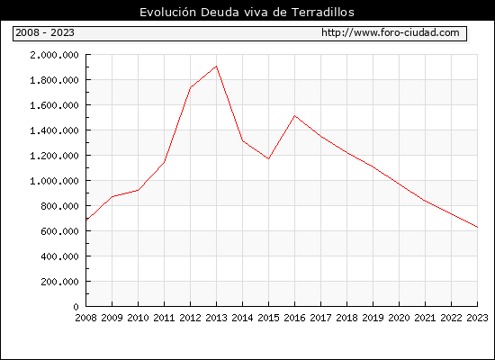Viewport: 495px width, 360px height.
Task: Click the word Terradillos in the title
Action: tap(322, 13)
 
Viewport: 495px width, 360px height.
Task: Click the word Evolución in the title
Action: tap(167, 13)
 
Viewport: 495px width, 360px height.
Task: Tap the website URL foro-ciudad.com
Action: tap(391, 32)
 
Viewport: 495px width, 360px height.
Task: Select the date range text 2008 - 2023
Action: tap(45, 32)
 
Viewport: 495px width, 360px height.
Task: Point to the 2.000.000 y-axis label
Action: tap(54, 55)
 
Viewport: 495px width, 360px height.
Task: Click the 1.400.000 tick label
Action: tap(54, 130)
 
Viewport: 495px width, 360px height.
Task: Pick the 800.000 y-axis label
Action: tap(59, 206)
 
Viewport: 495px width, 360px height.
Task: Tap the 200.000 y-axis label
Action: tap(59, 282)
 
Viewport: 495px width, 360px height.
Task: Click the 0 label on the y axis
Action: tap(76, 307)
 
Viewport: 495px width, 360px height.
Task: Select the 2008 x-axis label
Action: tap(85, 318)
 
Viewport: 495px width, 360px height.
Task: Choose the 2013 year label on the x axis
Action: tap(216, 318)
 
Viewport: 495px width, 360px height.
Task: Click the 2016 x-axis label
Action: tap(294, 318)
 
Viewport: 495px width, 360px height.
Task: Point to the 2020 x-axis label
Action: tap(399, 318)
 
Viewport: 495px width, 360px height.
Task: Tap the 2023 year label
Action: tap(477, 318)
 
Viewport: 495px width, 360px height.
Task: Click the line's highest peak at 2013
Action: tap(216, 66)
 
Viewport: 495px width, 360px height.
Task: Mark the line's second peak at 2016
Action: tap(294, 115)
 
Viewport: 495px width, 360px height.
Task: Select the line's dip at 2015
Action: tap(269, 158)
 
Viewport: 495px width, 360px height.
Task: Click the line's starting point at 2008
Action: tap(86, 220)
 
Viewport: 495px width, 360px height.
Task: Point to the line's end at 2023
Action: tap(477, 227)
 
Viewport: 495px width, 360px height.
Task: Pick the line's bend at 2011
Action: tap(164, 162)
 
